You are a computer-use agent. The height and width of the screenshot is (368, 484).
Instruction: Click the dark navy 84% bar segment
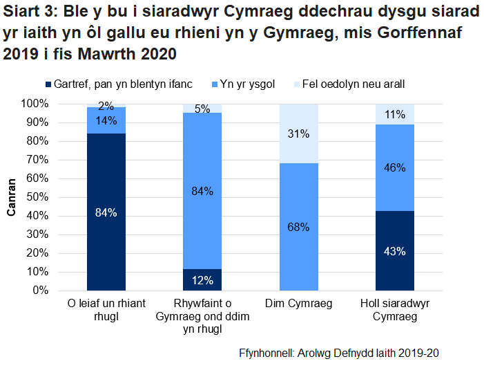106,212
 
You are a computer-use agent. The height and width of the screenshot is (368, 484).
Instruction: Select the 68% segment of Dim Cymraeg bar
298,227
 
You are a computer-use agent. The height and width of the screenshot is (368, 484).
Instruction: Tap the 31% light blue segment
298,134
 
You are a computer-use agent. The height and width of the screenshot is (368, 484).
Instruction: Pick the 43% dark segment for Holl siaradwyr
394,250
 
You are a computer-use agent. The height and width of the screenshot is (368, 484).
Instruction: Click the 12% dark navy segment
202,279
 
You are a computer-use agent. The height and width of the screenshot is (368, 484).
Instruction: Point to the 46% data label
394,167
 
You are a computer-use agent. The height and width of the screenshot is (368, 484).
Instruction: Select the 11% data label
394,115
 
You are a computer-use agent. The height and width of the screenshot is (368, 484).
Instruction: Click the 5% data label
202,109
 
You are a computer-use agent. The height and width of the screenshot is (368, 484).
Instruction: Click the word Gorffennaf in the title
414,33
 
